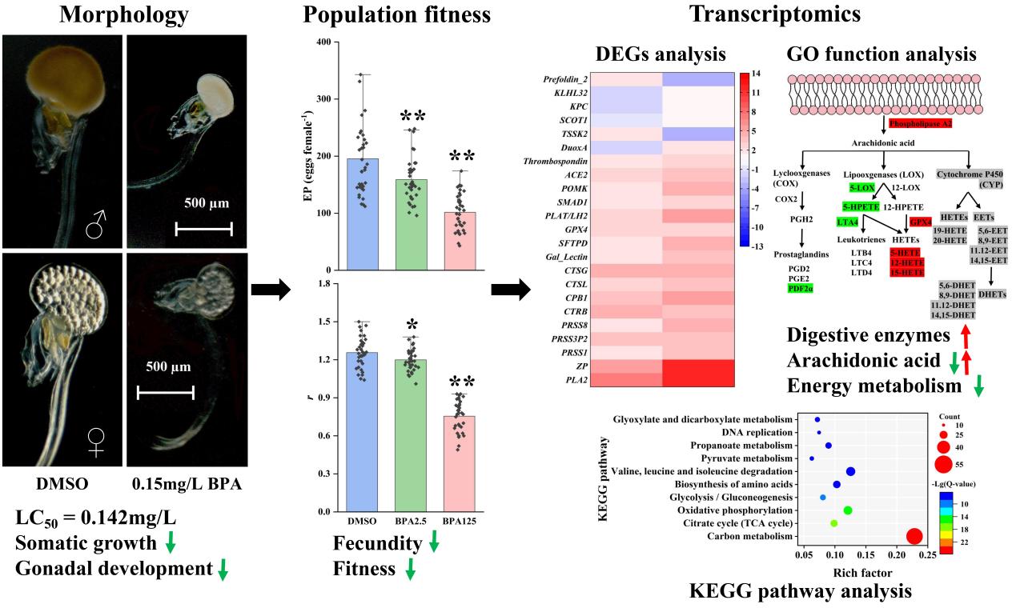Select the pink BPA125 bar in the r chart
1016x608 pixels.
click(459, 464)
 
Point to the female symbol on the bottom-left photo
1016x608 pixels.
click(96, 442)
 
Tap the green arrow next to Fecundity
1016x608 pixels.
click(434, 544)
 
